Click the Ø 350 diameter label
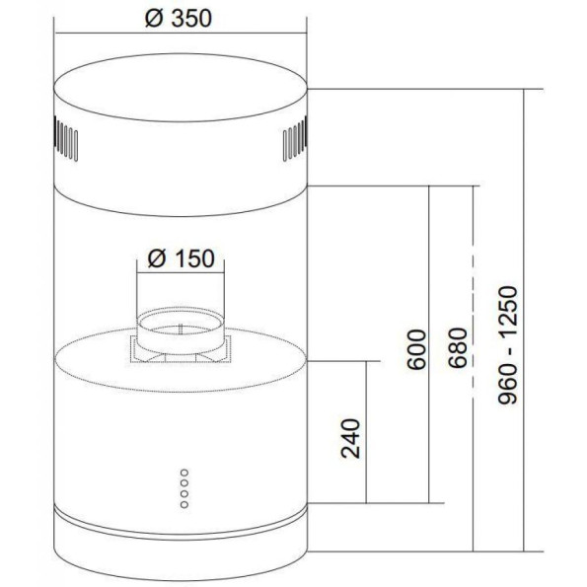point(179,19)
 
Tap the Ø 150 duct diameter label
point(182,258)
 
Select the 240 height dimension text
point(351,438)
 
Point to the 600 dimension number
point(416,349)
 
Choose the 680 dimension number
point(459,348)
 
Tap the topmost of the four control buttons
point(184,473)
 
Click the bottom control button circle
point(184,505)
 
